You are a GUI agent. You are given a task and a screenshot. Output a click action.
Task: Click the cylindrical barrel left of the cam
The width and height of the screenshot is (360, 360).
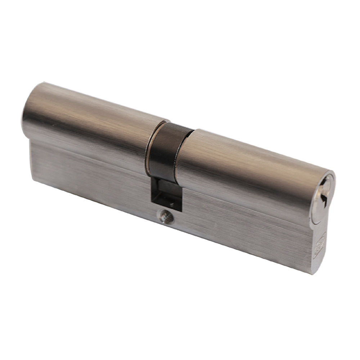(x=90, y=115)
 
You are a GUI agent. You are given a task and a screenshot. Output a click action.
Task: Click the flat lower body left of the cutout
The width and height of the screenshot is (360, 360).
(x=90, y=169)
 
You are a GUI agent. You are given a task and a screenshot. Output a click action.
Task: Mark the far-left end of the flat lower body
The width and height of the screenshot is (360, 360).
(x=32, y=155)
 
